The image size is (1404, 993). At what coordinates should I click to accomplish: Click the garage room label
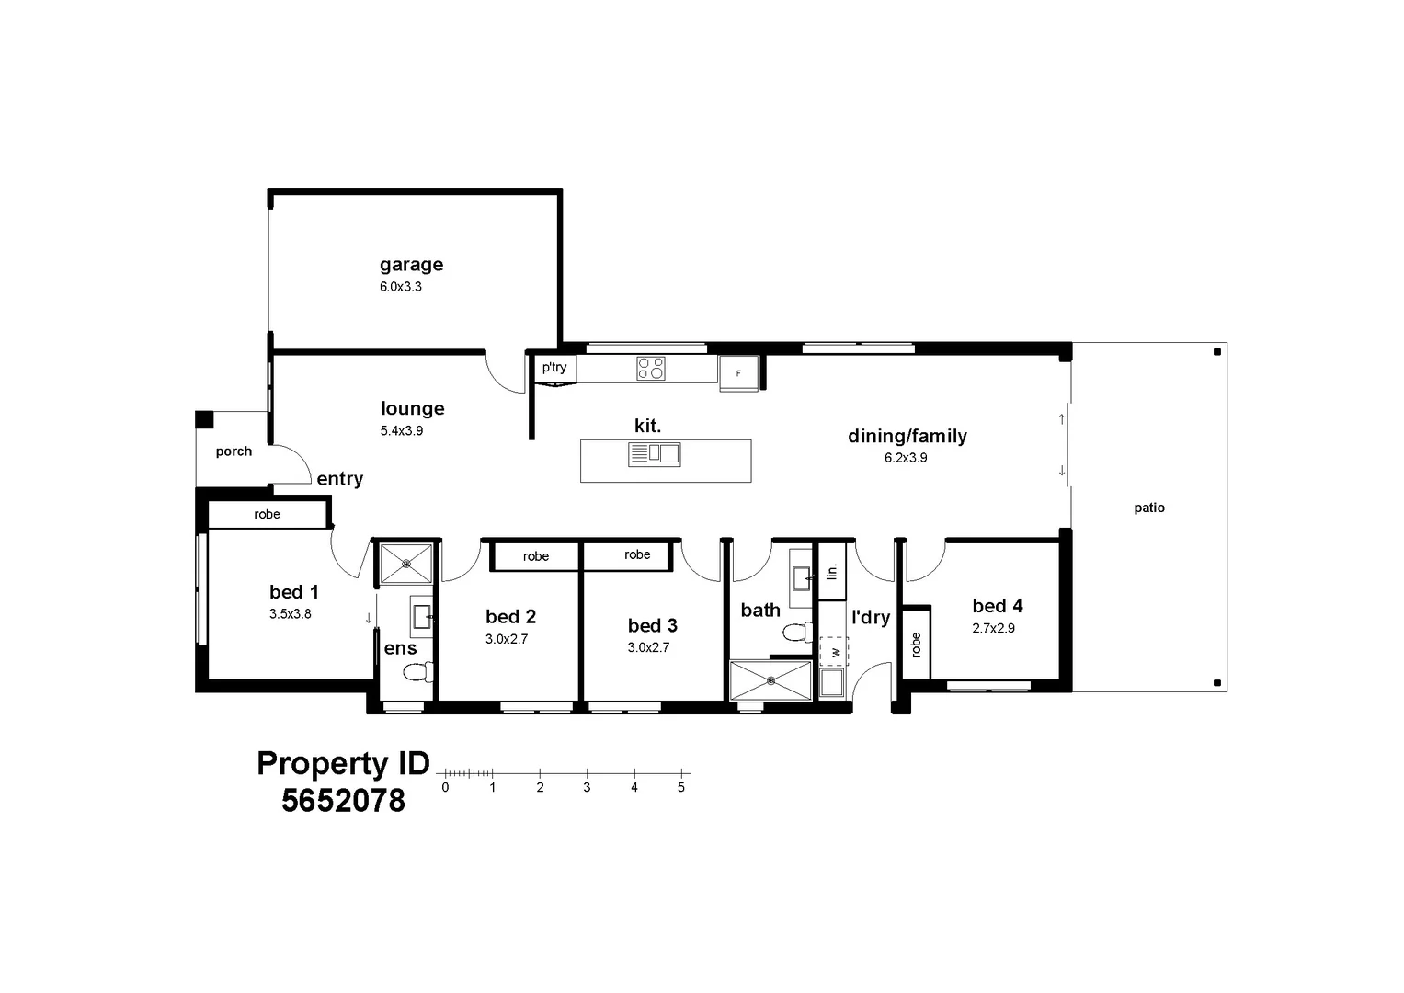pos(411,265)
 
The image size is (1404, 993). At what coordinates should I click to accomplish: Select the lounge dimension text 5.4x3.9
pos(401,430)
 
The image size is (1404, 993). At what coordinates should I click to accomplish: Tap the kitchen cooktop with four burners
pos(651,369)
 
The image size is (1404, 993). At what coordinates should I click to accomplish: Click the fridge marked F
pos(738,373)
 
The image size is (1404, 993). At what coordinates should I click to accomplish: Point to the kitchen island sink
pos(654,453)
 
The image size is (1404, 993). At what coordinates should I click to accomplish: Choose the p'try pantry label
pos(554,368)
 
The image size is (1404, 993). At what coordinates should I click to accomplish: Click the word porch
pos(234,451)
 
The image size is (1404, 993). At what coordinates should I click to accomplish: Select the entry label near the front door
pos(339,479)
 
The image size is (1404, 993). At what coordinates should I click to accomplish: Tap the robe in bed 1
pos(267,515)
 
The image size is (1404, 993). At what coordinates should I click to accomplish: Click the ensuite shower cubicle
pos(405,564)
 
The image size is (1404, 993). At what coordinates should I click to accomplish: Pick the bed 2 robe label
pos(536,556)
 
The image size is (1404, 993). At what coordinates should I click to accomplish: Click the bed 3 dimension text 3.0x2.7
pos(648,647)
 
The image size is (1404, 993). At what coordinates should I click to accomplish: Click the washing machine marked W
pos(835,651)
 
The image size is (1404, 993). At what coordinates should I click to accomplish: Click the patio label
pos(1149,508)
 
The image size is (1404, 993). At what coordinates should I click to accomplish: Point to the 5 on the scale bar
pos(681,788)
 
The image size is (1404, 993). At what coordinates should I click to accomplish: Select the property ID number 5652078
pos(343,801)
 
